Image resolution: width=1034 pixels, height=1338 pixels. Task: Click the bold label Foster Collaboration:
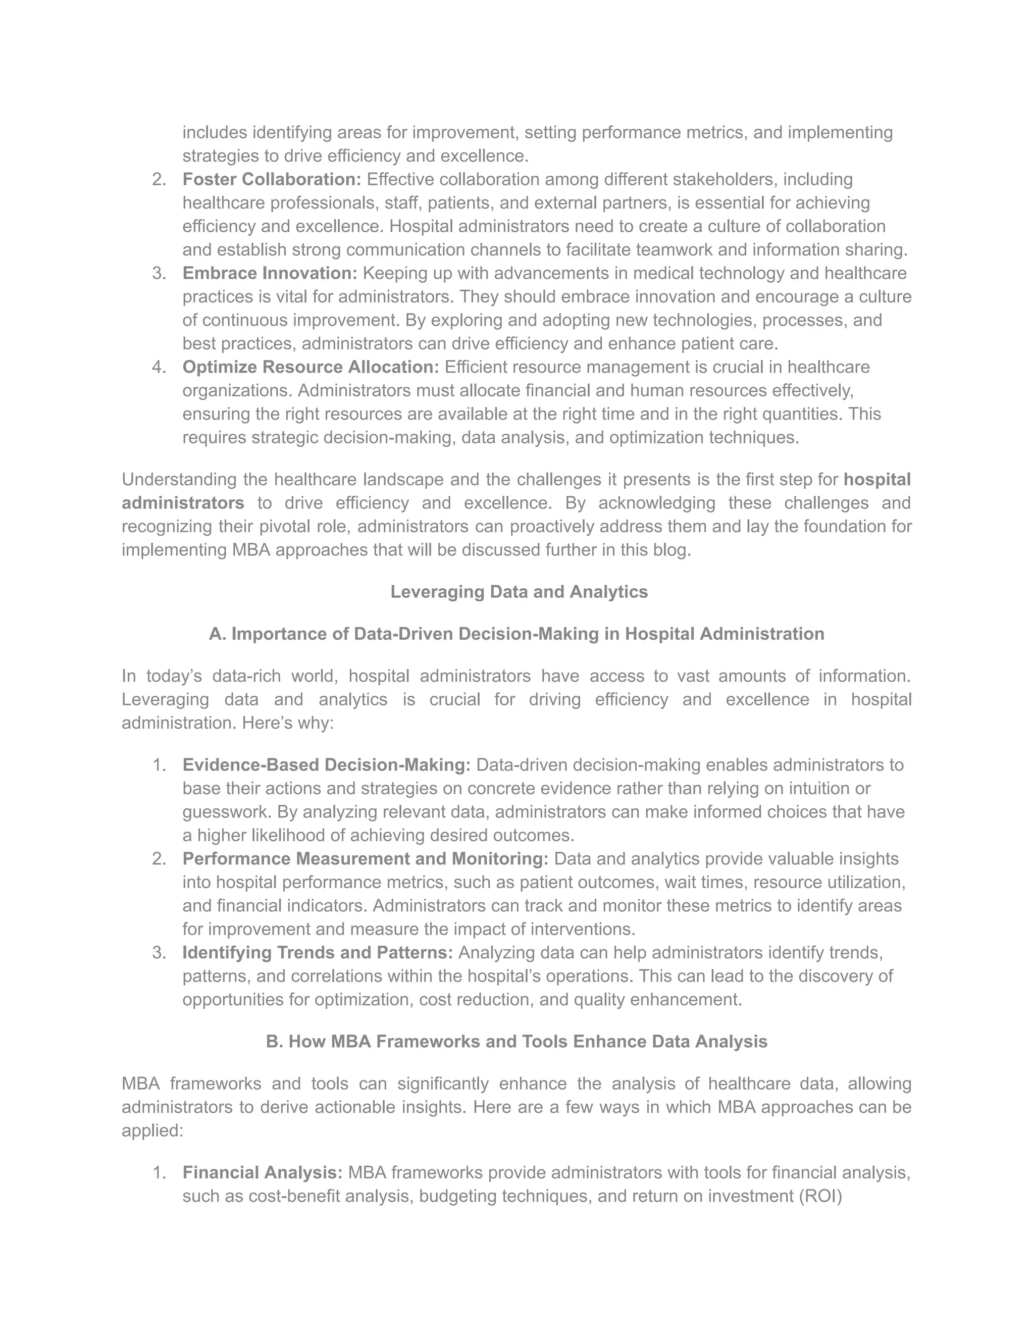tap(272, 180)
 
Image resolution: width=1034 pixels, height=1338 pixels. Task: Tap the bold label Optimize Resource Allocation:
tap(311, 367)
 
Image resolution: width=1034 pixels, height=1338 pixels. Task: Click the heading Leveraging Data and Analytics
tap(519, 592)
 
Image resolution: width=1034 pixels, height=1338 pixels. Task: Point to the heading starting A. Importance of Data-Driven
tap(516, 634)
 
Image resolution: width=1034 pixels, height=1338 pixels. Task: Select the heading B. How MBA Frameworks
tap(516, 1042)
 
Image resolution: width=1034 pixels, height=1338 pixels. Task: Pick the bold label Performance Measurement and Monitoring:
tap(365, 858)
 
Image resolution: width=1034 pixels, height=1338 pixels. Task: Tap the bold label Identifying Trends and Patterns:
tap(317, 953)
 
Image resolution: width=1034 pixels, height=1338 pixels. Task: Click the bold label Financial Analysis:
tap(263, 1172)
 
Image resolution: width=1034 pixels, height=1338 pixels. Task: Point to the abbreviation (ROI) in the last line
tap(821, 1196)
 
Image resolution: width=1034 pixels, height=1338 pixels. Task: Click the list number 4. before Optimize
tap(159, 367)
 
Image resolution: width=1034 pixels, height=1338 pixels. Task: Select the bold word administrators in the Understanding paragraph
tap(183, 503)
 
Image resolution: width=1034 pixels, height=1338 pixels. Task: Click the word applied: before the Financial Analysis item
tap(152, 1130)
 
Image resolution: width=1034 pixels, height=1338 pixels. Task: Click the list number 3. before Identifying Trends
tap(159, 953)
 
